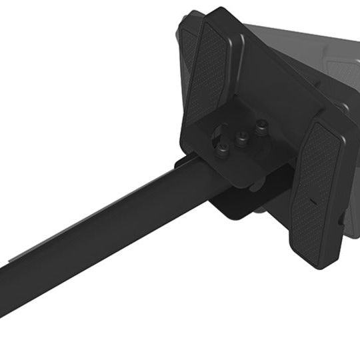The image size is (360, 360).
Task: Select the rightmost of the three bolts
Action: [x=261, y=125]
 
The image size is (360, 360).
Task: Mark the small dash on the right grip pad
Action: [x=311, y=201]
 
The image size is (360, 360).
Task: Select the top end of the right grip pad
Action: [x=319, y=123]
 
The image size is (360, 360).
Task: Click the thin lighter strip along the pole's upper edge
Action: [x=100, y=199]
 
